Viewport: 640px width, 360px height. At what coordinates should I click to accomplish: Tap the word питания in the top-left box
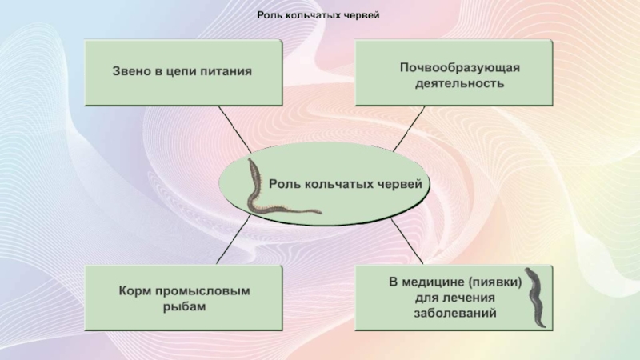point(225,71)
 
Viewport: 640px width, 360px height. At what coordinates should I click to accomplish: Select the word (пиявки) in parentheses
point(496,282)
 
